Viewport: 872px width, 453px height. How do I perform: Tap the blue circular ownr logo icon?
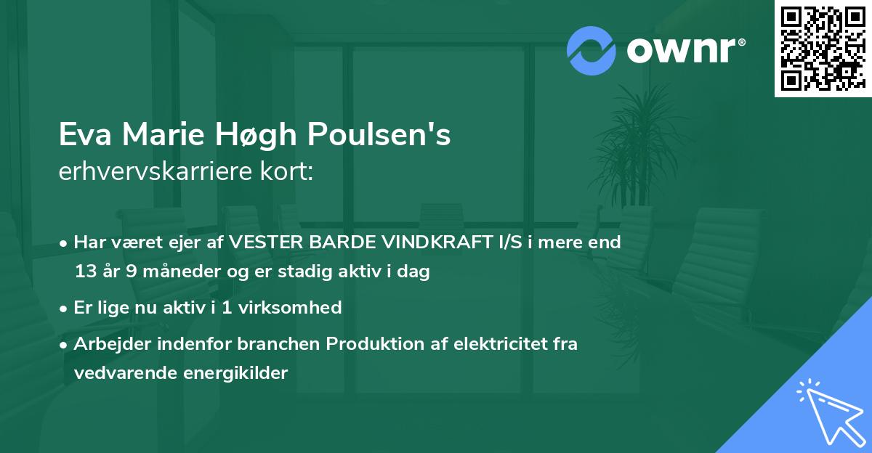(x=591, y=50)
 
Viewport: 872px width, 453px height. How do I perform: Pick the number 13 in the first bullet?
(x=85, y=272)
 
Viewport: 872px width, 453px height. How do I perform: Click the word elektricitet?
(x=493, y=343)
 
